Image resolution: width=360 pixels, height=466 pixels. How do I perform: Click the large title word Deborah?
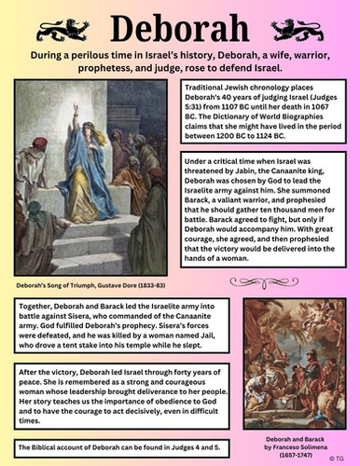click(x=180, y=23)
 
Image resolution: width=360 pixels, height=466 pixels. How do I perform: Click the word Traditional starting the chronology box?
click(x=210, y=87)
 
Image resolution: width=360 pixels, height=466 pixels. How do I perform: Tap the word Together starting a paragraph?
click(x=36, y=303)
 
